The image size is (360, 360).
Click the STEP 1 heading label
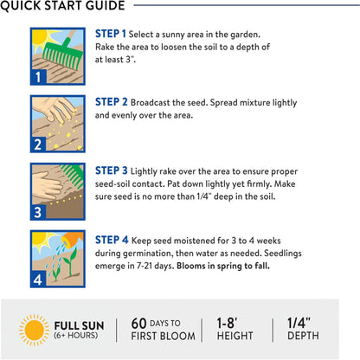tap(111, 34)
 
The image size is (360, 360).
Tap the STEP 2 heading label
tap(112, 102)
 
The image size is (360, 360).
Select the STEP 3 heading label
tap(112, 170)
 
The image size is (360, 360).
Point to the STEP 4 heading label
tap(112, 240)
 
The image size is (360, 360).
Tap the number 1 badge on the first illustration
tap(38, 77)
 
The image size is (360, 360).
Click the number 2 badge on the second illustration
tap(38, 145)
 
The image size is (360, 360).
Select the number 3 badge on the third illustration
tap(38, 212)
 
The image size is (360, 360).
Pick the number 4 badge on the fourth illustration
tap(38, 280)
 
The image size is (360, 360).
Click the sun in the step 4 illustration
tap(40, 239)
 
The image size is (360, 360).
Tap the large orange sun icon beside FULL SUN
tap(34, 330)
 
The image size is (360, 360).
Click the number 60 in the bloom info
tap(138, 324)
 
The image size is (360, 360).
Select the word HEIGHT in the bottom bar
tap(235, 336)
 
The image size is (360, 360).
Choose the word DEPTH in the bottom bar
tap(303, 336)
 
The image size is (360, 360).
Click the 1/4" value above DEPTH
tap(299, 323)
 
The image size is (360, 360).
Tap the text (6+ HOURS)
tap(76, 335)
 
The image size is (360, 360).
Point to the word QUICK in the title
tap(21, 5)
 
